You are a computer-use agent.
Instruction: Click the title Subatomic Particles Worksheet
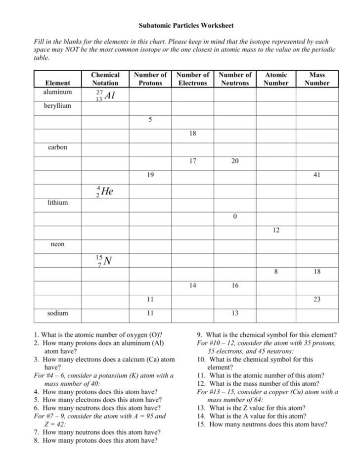(185, 25)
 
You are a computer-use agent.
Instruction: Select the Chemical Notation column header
(105, 79)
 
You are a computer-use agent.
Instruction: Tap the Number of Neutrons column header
(235, 79)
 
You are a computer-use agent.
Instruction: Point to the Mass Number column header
(316, 79)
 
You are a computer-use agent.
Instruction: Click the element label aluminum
(57, 92)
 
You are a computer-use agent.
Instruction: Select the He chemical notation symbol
(105, 191)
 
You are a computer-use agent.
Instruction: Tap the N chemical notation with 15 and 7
(104, 260)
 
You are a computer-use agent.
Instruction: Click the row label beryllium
(57, 106)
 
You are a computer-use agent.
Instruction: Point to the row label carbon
(57, 147)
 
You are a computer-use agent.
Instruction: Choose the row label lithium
(57, 203)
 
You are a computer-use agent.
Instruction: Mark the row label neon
(57, 244)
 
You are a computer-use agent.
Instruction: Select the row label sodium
(57, 313)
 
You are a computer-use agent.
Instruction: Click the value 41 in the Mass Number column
(316, 175)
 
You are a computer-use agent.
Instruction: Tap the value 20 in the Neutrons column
(235, 161)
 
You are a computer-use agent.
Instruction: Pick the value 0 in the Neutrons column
(235, 216)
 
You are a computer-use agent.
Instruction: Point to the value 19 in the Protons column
(150, 175)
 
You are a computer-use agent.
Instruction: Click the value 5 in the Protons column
(150, 119)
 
